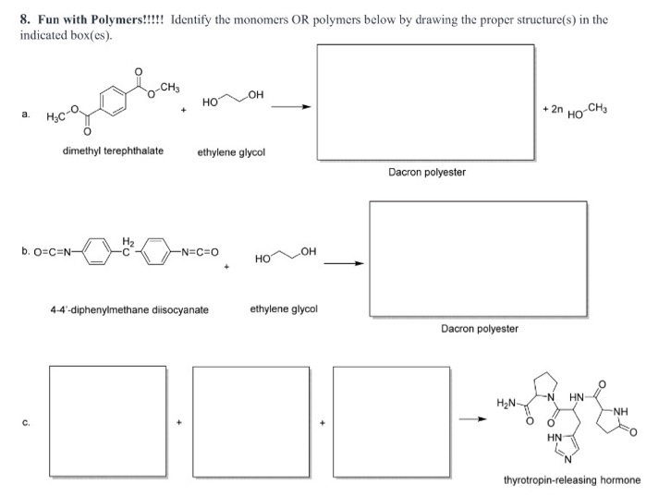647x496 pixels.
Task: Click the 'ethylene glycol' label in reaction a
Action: click(231, 151)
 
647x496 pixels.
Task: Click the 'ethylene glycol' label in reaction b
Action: click(284, 308)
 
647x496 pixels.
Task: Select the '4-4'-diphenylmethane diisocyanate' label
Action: click(129, 309)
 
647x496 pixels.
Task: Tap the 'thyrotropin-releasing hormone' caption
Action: click(571, 480)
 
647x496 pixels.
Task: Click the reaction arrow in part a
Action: click(290, 106)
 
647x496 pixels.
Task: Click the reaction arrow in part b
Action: click(342, 262)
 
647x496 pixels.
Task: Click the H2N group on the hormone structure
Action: click(507, 403)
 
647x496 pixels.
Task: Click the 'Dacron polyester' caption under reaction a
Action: click(426, 172)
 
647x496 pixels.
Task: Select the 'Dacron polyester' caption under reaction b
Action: click(479, 328)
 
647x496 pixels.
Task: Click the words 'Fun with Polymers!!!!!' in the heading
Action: click(100, 18)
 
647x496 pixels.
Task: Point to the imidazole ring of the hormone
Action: click(568, 444)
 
